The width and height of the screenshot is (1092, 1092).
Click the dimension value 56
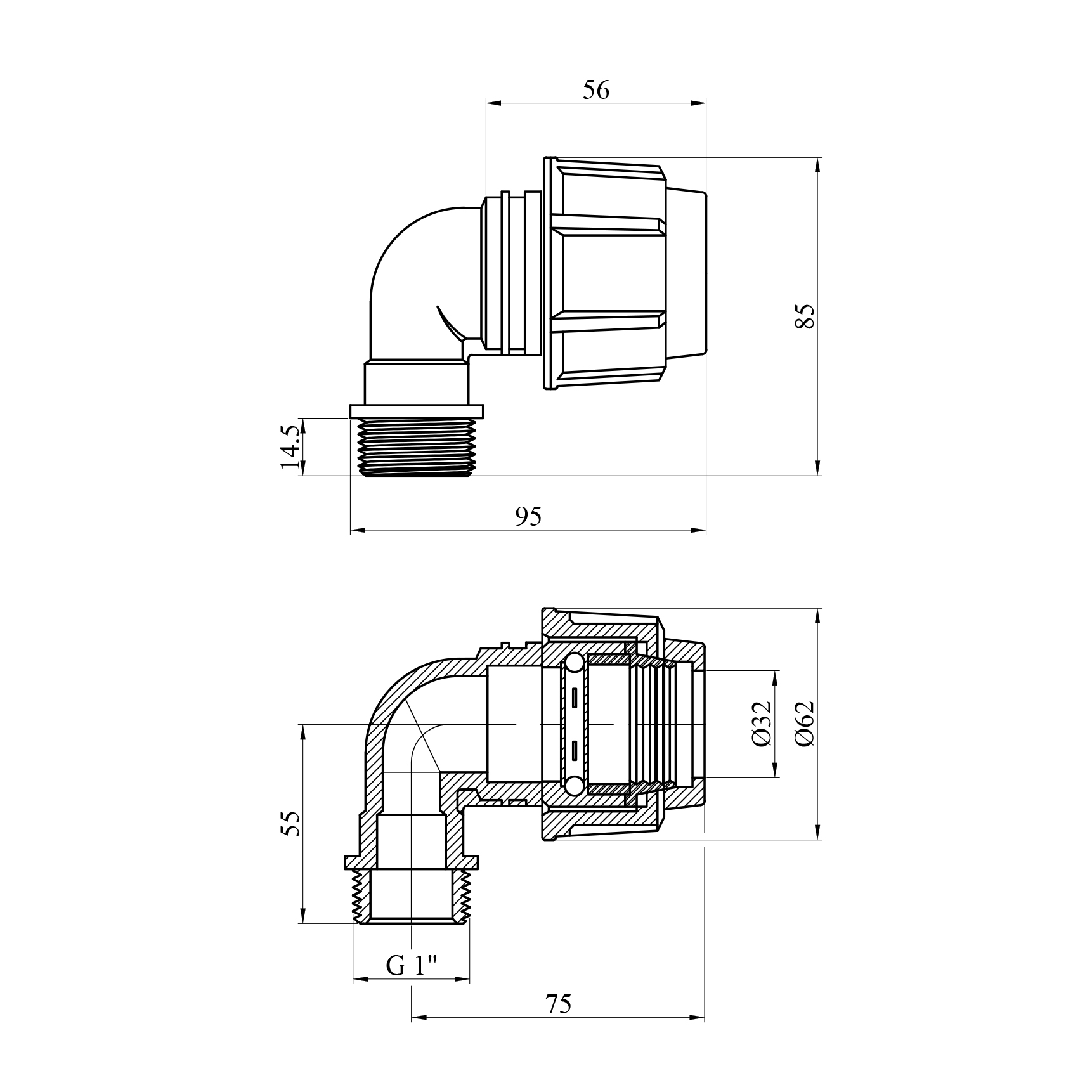click(595, 91)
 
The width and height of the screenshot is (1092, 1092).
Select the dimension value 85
click(804, 316)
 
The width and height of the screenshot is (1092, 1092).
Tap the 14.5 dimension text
click(290, 447)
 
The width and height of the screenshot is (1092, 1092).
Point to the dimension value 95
click(528, 517)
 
